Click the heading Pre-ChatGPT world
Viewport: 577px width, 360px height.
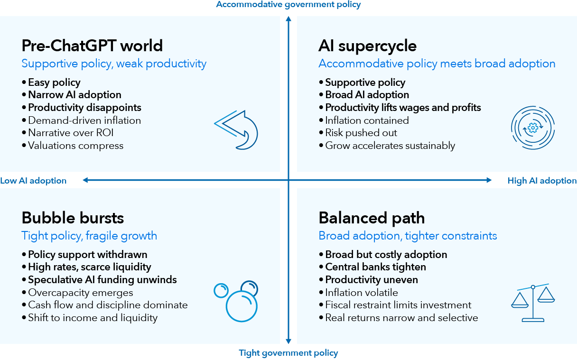click(x=92, y=46)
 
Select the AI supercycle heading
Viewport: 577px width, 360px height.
click(x=367, y=46)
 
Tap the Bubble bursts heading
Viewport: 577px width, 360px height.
click(x=73, y=218)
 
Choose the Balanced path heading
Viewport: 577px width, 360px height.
click(x=372, y=218)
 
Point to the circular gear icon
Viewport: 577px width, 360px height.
click(x=532, y=127)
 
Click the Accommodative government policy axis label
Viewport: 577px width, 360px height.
click(x=288, y=5)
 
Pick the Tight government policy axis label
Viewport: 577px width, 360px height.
click(x=288, y=353)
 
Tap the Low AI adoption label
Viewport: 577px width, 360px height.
click(x=33, y=181)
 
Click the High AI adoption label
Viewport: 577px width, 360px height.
click(x=542, y=181)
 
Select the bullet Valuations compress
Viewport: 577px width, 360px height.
click(x=75, y=146)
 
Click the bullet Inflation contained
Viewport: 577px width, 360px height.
click(x=367, y=120)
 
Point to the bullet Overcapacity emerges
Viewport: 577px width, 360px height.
click(x=80, y=293)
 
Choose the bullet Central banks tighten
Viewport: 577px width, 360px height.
click(x=375, y=267)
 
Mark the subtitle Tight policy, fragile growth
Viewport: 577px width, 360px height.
click(x=89, y=236)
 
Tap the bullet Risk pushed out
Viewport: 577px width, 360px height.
click(x=361, y=133)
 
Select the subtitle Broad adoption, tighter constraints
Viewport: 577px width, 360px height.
click(x=408, y=236)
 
